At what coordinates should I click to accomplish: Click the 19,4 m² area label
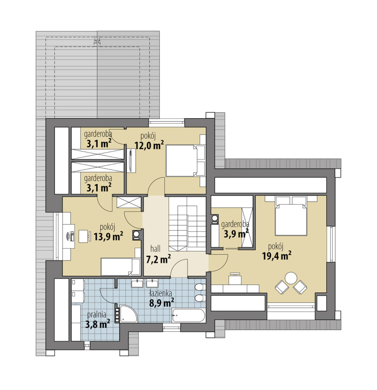277,256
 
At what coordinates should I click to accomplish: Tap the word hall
155,249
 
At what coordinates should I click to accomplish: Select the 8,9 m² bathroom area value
161,303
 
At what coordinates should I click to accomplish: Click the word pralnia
97,315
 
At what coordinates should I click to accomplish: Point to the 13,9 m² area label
108,237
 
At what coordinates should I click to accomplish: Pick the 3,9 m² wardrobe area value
236,234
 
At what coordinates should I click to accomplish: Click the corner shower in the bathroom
128,314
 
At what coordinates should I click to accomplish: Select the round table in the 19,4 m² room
291,278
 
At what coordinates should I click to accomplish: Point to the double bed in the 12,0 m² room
186,161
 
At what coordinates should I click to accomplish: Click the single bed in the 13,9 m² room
121,267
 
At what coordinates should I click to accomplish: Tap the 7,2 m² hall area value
158,259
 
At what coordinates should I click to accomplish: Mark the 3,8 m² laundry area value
98,324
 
